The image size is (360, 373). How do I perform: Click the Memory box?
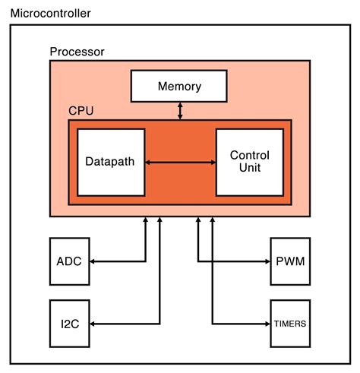180,86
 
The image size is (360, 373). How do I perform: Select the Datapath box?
111,162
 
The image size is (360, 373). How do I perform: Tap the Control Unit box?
250,162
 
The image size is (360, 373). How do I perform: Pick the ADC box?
69,261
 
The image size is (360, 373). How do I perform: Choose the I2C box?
69,324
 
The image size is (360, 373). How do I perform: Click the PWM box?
289,261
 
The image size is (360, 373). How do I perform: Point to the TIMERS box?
289,324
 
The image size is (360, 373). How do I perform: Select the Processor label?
77,52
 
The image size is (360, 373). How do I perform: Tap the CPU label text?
81,109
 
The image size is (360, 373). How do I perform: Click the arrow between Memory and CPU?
180,110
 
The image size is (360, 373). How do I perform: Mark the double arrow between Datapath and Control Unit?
180,162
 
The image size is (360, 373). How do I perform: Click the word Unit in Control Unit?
250,168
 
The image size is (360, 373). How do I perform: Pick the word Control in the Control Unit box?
250,156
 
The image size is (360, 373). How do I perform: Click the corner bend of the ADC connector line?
145,261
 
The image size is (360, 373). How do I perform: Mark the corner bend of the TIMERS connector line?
213,324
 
